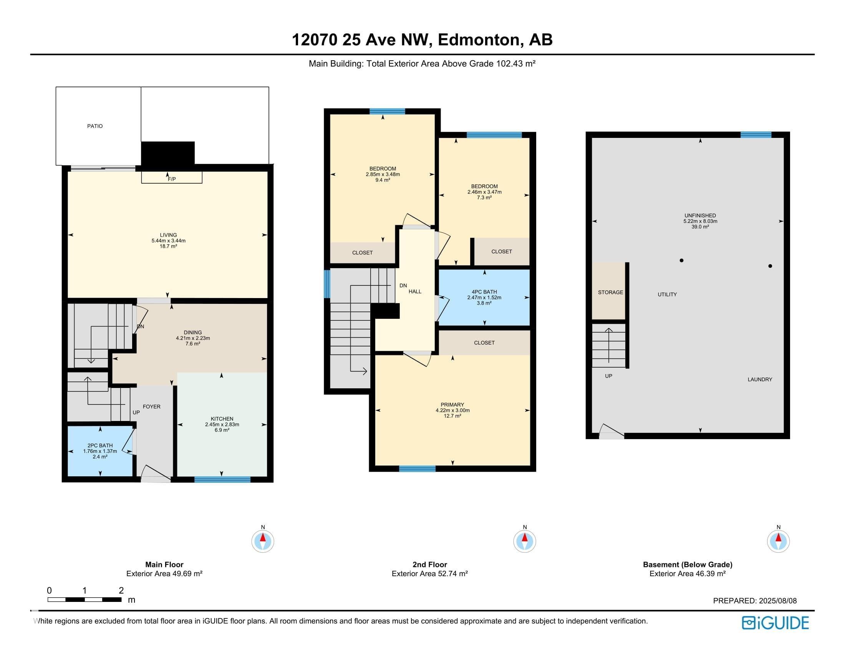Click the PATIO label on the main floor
(95, 126)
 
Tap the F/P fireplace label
(172, 179)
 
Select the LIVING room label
(168, 235)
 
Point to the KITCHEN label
(222, 419)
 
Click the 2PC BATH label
(100, 445)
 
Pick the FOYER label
(152, 406)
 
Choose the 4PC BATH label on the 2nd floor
(484, 292)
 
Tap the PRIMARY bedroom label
(452, 404)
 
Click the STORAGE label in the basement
(611, 292)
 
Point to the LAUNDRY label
(760, 380)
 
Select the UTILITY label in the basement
(668, 294)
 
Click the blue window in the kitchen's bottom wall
(222, 480)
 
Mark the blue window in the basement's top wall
(756, 134)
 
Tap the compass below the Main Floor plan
(263, 541)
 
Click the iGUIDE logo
(775, 622)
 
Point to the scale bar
(84, 600)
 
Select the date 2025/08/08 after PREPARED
(778, 601)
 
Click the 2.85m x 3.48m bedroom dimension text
(383, 174)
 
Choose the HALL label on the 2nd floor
(415, 291)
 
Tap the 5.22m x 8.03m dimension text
(700, 221)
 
